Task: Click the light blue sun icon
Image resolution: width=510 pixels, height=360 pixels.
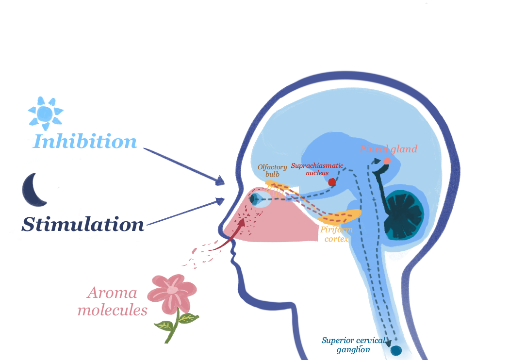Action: click(x=45, y=113)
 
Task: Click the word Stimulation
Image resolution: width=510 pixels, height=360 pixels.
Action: click(x=83, y=225)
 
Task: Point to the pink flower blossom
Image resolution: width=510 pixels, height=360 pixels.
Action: click(x=172, y=291)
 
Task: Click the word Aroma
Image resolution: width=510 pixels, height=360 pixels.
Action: click(x=112, y=293)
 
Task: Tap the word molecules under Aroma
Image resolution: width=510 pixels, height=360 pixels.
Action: click(x=113, y=310)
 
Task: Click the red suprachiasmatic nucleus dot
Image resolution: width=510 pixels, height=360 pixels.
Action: click(x=332, y=182)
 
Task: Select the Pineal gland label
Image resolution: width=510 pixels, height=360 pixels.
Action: click(x=388, y=149)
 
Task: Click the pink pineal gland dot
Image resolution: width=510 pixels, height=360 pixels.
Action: click(x=387, y=161)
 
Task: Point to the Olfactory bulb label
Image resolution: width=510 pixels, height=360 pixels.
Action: click(x=272, y=170)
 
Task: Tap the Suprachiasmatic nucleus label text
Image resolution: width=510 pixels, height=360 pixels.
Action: click(x=317, y=169)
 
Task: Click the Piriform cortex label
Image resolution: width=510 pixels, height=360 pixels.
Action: click(x=336, y=234)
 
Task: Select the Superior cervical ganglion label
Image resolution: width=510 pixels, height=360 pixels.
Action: click(x=353, y=344)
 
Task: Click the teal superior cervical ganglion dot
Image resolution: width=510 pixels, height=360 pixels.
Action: click(x=396, y=350)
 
